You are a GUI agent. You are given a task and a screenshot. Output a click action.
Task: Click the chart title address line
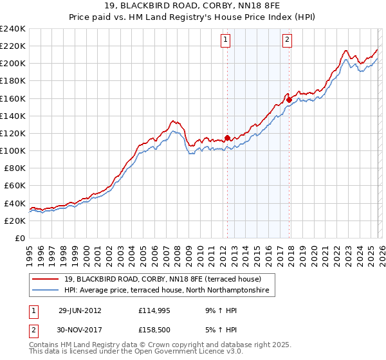pyautogui.click(x=192, y=6)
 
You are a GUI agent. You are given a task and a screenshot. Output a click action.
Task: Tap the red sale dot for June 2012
pyautogui.click(x=228, y=137)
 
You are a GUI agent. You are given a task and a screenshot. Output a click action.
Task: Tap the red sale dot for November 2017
pyautogui.click(x=289, y=99)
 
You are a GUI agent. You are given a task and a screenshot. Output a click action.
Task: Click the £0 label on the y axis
pyautogui.click(x=19, y=238)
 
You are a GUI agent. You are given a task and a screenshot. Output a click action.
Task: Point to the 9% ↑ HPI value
pyautogui.click(x=220, y=310)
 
